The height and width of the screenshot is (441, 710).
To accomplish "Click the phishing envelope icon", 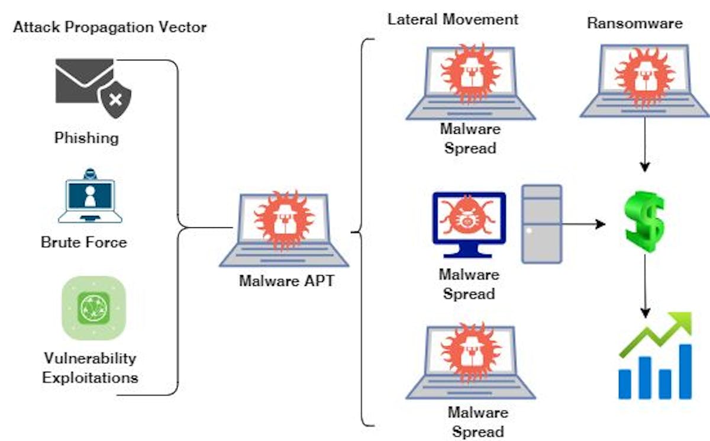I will click(x=83, y=80).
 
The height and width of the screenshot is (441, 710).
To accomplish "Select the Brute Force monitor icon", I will click(x=90, y=198).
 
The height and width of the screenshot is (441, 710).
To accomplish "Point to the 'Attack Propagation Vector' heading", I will click(x=110, y=27).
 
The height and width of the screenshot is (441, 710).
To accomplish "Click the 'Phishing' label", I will click(x=86, y=139).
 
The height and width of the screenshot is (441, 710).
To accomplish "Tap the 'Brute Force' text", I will click(x=84, y=242).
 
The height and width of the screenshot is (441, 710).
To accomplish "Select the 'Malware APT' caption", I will click(x=286, y=281).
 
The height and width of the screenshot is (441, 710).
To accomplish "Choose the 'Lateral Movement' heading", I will click(x=453, y=19).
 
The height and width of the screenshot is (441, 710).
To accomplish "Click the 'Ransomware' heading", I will click(x=635, y=24).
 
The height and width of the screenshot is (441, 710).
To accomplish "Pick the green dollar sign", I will click(x=644, y=220).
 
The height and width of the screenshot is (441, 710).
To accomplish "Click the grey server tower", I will click(x=541, y=223).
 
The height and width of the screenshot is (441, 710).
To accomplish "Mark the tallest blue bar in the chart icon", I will click(x=685, y=371).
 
